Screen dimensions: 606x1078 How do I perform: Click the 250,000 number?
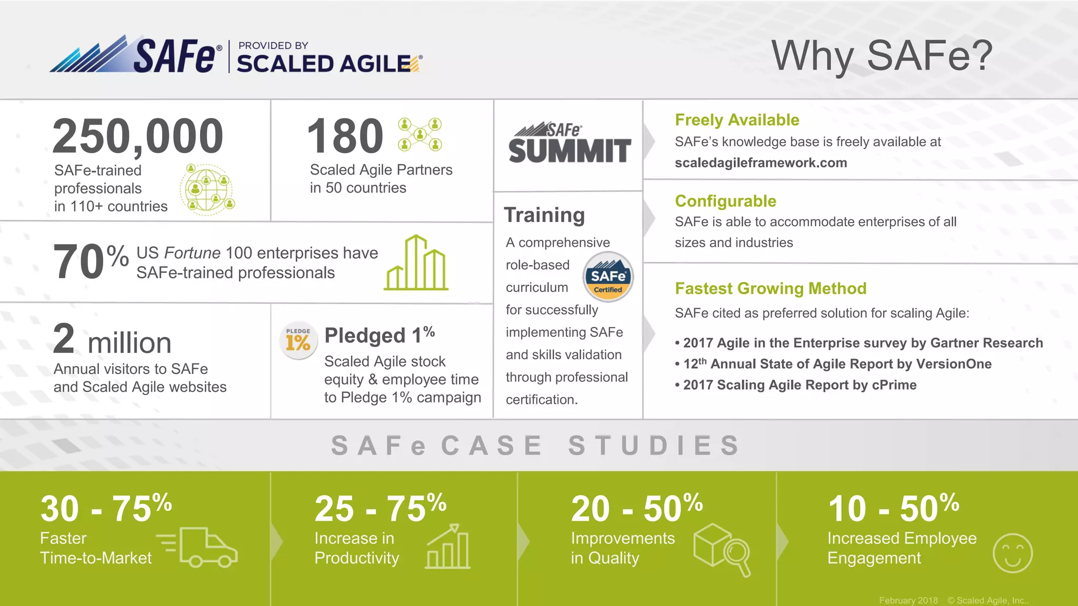tap(138, 136)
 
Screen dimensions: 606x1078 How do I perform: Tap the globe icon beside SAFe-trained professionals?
tap(207, 189)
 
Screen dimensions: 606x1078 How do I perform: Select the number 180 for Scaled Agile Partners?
tap(345, 136)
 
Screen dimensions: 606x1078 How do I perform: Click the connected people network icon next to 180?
tap(420, 134)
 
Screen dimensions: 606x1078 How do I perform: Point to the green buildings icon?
tap(416, 262)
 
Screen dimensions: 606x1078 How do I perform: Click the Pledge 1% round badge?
tap(298, 340)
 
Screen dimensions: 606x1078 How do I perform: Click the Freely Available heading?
tap(737, 120)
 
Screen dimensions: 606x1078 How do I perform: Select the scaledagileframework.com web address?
tap(761, 163)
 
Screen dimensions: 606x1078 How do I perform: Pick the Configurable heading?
tap(725, 201)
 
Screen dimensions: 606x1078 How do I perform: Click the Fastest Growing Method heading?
tap(771, 288)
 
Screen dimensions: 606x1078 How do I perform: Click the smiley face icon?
tap(1012, 553)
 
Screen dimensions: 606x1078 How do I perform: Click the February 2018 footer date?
tap(908, 600)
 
